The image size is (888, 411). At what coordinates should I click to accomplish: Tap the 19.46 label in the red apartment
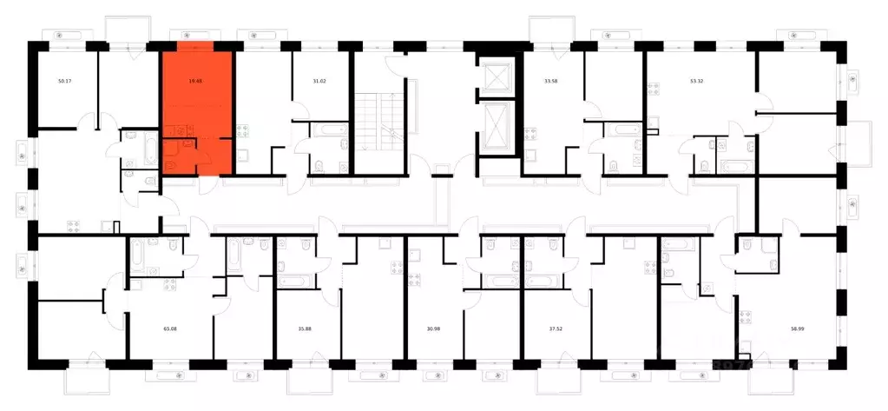coord(195,81)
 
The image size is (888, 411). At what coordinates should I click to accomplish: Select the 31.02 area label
coord(319,81)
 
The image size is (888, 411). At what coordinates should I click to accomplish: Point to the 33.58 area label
coord(550,81)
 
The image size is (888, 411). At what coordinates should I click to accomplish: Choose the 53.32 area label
coord(697,81)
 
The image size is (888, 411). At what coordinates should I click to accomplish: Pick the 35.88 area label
coord(306,329)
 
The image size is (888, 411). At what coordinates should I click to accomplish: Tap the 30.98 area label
coord(436,329)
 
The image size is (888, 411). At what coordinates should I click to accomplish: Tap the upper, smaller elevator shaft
coord(497,77)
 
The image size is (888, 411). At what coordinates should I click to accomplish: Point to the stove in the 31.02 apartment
coord(245,133)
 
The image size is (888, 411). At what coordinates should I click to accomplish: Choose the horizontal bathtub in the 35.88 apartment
coord(294,283)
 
